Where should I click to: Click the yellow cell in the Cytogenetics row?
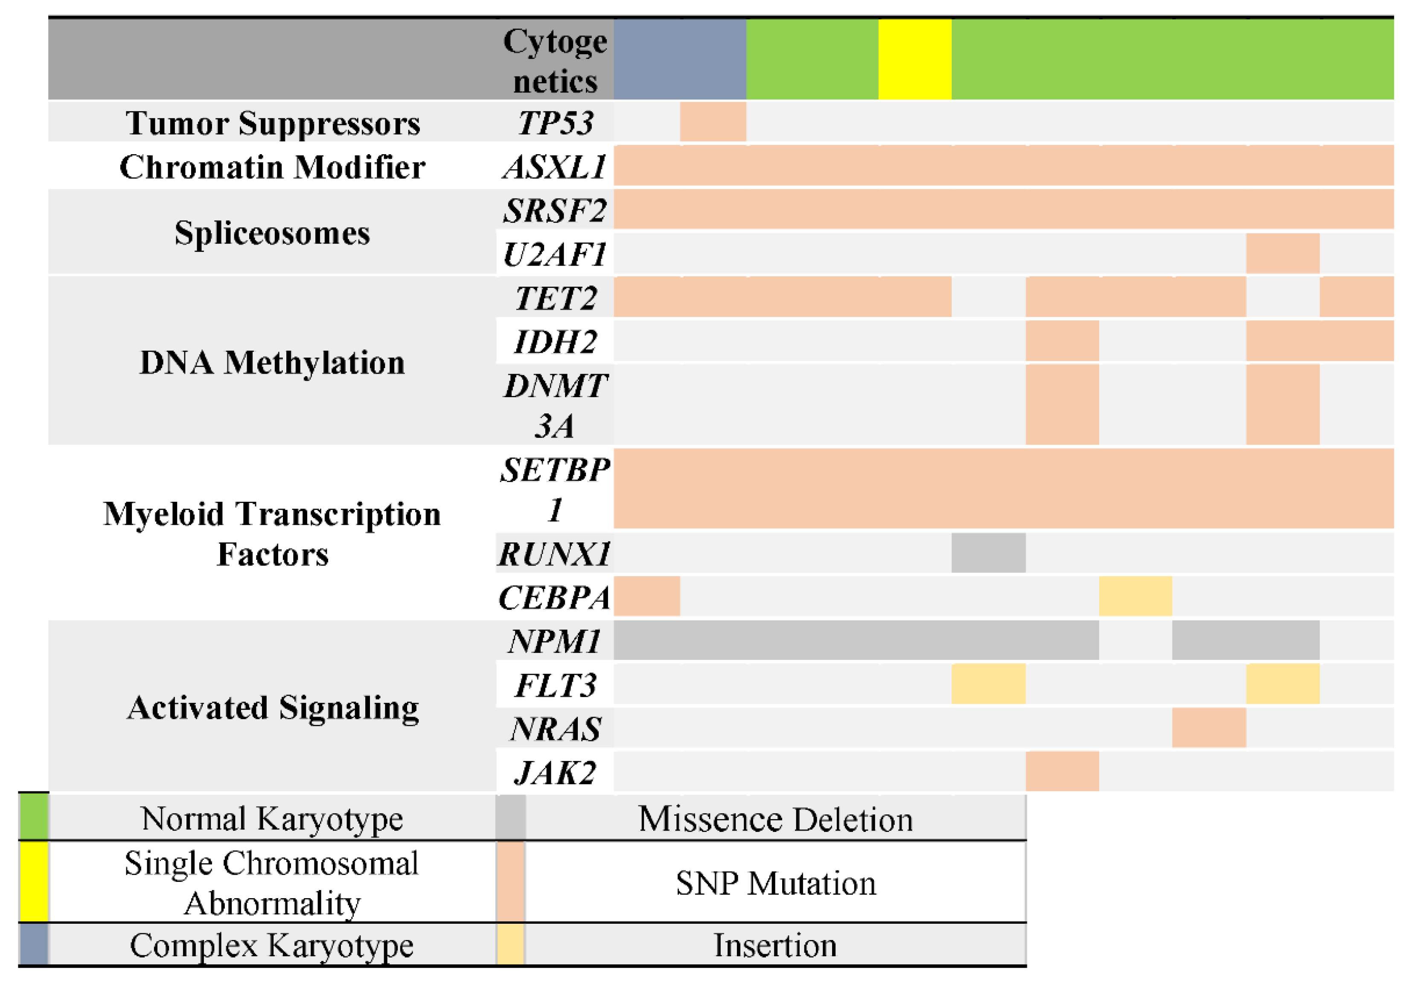914,59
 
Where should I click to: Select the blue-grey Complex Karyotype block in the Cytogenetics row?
680,59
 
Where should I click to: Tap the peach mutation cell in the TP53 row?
713,122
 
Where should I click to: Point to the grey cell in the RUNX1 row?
988,553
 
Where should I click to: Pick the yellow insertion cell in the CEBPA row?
1135,596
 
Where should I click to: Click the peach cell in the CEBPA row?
646,596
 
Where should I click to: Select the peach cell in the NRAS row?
1209,727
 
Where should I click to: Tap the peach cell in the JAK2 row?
1062,771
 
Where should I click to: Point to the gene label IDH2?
555,341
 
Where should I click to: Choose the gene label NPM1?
555,641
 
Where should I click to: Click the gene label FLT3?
555,685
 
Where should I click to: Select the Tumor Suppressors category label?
273,123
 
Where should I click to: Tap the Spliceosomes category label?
273,232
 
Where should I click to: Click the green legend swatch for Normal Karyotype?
34,817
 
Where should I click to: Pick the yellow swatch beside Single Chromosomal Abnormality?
34,882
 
